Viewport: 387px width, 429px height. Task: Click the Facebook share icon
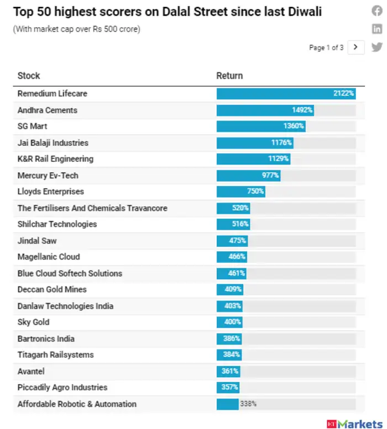pyautogui.click(x=376, y=11)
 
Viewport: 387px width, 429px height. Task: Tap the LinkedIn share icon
pyautogui.click(x=376, y=29)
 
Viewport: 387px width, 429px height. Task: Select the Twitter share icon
pyautogui.click(x=376, y=47)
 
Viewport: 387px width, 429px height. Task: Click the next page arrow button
pyautogui.click(x=356, y=47)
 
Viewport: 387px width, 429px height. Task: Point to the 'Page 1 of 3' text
pyautogui.click(x=326, y=48)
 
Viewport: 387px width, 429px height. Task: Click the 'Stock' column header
pyautogui.click(x=29, y=76)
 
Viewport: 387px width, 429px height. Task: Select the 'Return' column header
pyautogui.click(x=229, y=76)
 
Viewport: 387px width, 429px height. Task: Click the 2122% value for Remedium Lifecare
pyautogui.click(x=343, y=94)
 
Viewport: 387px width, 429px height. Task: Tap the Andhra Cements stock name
pyautogui.click(x=48, y=110)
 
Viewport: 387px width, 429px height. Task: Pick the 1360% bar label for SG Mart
pyautogui.click(x=294, y=126)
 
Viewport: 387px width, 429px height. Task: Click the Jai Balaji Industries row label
pyautogui.click(x=53, y=143)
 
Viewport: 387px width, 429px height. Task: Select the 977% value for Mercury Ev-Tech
pyautogui.click(x=270, y=176)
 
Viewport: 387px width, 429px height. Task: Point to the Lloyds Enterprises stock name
pyautogui.click(x=51, y=192)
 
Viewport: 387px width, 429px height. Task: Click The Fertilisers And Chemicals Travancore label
pyautogui.click(x=92, y=208)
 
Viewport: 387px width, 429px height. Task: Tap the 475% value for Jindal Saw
pyautogui.click(x=238, y=241)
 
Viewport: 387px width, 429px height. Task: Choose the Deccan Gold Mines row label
pyautogui.click(x=52, y=289)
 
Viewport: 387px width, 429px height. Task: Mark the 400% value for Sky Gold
pyautogui.click(x=233, y=322)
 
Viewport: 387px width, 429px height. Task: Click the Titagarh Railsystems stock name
pyautogui.click(x=56, y=354)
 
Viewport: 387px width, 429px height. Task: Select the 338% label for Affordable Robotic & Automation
pyautogui.click(x=248, y=404)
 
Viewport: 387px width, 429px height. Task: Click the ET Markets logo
pyautogui.click(x=354, y=423)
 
